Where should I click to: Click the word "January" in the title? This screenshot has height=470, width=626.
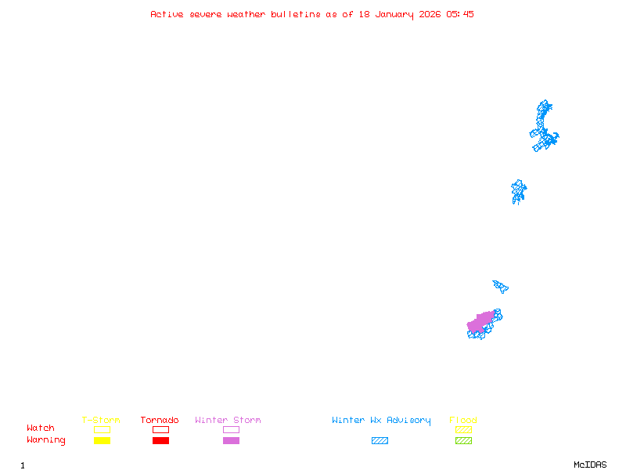click(394, 15)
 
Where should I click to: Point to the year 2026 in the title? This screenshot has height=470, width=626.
click(430, 14)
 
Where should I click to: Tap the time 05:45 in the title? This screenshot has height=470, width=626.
click(460, 14)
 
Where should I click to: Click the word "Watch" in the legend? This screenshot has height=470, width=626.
click(41, 428)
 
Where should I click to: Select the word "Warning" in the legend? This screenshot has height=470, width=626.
click(46, 440)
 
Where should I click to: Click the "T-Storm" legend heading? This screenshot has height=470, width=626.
click(101, 420)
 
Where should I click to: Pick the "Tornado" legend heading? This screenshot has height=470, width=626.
click(160, 420)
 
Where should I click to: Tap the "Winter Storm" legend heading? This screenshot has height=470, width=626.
click(228, 420)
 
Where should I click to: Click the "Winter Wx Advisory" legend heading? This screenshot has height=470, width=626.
click(381, 421)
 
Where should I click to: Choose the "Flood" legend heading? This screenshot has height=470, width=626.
click(463, 420)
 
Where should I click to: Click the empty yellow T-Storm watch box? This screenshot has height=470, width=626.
click(103, 429)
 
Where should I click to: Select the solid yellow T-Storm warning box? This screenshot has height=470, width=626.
click(103, 440)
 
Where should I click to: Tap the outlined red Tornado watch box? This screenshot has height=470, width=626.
click(161, 429)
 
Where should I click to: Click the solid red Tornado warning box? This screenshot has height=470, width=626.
click(161, 440)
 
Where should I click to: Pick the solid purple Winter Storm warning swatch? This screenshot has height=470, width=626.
click(231, 440)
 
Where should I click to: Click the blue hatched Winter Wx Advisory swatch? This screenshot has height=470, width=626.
click(380, 440)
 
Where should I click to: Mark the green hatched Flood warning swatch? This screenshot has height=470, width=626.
click(463, 440)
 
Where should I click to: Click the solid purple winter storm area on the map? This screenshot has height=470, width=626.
click(480, 322)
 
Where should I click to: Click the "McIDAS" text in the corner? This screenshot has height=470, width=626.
click(590, 465)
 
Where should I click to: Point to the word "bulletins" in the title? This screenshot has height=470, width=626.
click(296, 14)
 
